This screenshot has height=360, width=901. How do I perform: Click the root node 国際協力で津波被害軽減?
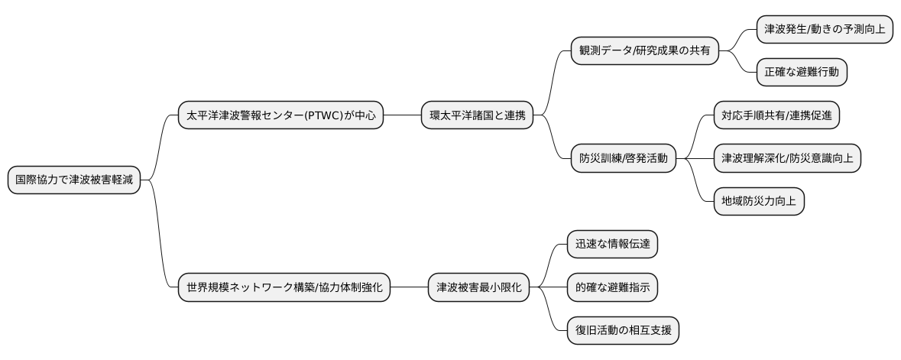click(74, 180)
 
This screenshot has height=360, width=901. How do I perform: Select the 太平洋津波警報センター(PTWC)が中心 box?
click(280, 115)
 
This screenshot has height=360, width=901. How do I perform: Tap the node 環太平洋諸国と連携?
click(477, 115)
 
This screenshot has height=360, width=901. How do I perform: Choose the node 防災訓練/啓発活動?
click(623, 159)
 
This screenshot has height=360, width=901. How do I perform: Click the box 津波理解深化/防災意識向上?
click(787, 159)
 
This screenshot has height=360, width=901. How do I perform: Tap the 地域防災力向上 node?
click(758, 202)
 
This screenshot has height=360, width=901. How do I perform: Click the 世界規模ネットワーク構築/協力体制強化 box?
click(284, 288)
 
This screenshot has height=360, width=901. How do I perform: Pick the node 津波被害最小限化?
click(478, 288)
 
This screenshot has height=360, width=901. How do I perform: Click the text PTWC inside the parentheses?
click(326, 115)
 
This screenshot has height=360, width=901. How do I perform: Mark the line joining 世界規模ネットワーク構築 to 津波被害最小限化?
click(409, 288)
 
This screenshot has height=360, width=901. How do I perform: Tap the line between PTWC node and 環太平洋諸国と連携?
click(402, 115)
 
